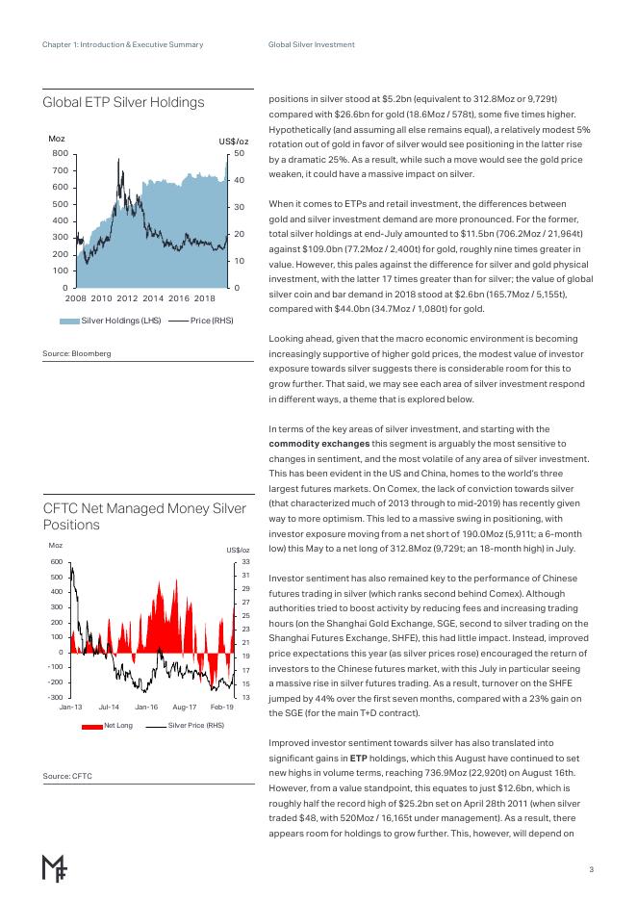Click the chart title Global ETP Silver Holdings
(123, 102)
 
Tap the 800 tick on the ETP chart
(60, 153)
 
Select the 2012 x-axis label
(127, 299)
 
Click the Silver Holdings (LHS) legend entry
(121, 321)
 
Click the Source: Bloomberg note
(77, 353)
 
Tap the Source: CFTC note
(67, 774)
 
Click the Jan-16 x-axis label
(146, 708)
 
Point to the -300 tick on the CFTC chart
(55, 697)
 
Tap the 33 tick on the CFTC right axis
(245, 561)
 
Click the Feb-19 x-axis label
(222, 708)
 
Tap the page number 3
(592, 870)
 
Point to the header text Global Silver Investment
(311, 44)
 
